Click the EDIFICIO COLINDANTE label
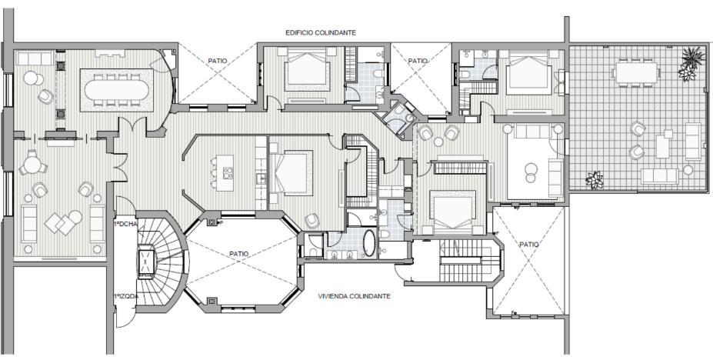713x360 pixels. point(321,33)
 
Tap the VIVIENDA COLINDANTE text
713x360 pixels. point(355,296)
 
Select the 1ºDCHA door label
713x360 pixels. point(125,224)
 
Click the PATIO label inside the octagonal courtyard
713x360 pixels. point(238,254)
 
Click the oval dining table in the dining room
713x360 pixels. point(117,90)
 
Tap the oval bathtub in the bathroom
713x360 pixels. point(369,244)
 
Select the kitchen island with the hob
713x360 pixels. point(225,173)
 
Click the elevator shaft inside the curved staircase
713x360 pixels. point(147,262)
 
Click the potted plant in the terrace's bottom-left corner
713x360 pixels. point(595,180)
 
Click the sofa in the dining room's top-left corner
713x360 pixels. point(34,58)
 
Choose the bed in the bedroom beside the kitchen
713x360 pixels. point(291,174)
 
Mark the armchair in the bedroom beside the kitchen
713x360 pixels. point(312,221)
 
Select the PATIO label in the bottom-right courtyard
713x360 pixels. point(530,244)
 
